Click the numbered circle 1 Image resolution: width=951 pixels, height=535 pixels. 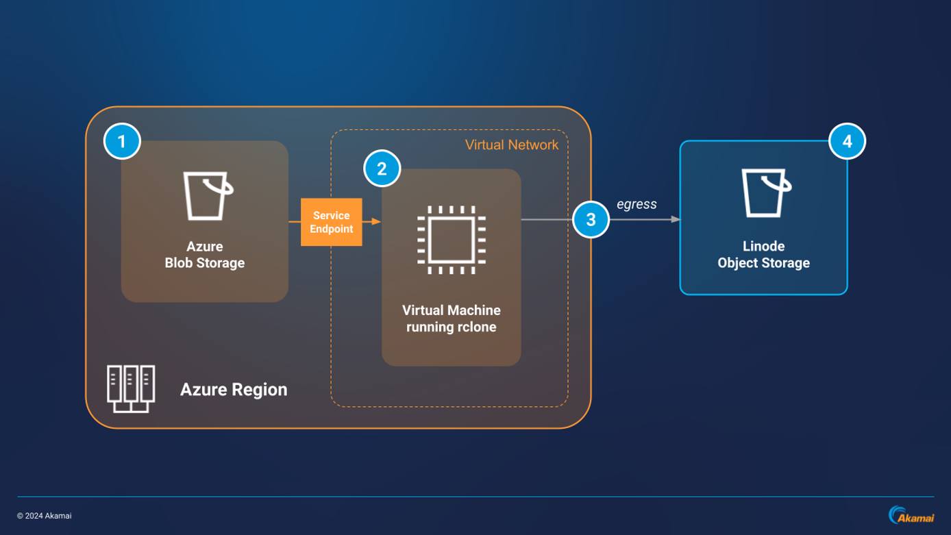point(122,142)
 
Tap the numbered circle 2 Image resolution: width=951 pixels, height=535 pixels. point(382,169)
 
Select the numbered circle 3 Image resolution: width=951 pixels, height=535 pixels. point(591,220)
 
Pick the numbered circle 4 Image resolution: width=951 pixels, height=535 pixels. point(847,142)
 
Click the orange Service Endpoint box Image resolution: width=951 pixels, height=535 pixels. point(331,222)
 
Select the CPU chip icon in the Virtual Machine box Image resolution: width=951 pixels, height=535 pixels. point(452,240)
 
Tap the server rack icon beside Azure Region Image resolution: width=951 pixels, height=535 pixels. point(131,389)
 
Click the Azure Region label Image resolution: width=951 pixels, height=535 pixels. point(234,390)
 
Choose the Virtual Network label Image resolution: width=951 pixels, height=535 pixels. point(511,145)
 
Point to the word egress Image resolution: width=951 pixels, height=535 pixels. point(637,203)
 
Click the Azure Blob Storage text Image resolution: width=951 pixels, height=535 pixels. point(204,255)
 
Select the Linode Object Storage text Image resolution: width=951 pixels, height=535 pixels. point(763,255)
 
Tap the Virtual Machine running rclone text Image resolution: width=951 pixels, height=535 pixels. point(451,319)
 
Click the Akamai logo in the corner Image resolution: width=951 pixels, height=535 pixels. point(911,515)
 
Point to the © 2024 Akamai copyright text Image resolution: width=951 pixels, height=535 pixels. point(45,516)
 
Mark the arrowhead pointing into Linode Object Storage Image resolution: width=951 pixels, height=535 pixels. point(675,220)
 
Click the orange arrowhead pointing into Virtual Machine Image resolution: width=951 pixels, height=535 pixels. point(376,222)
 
